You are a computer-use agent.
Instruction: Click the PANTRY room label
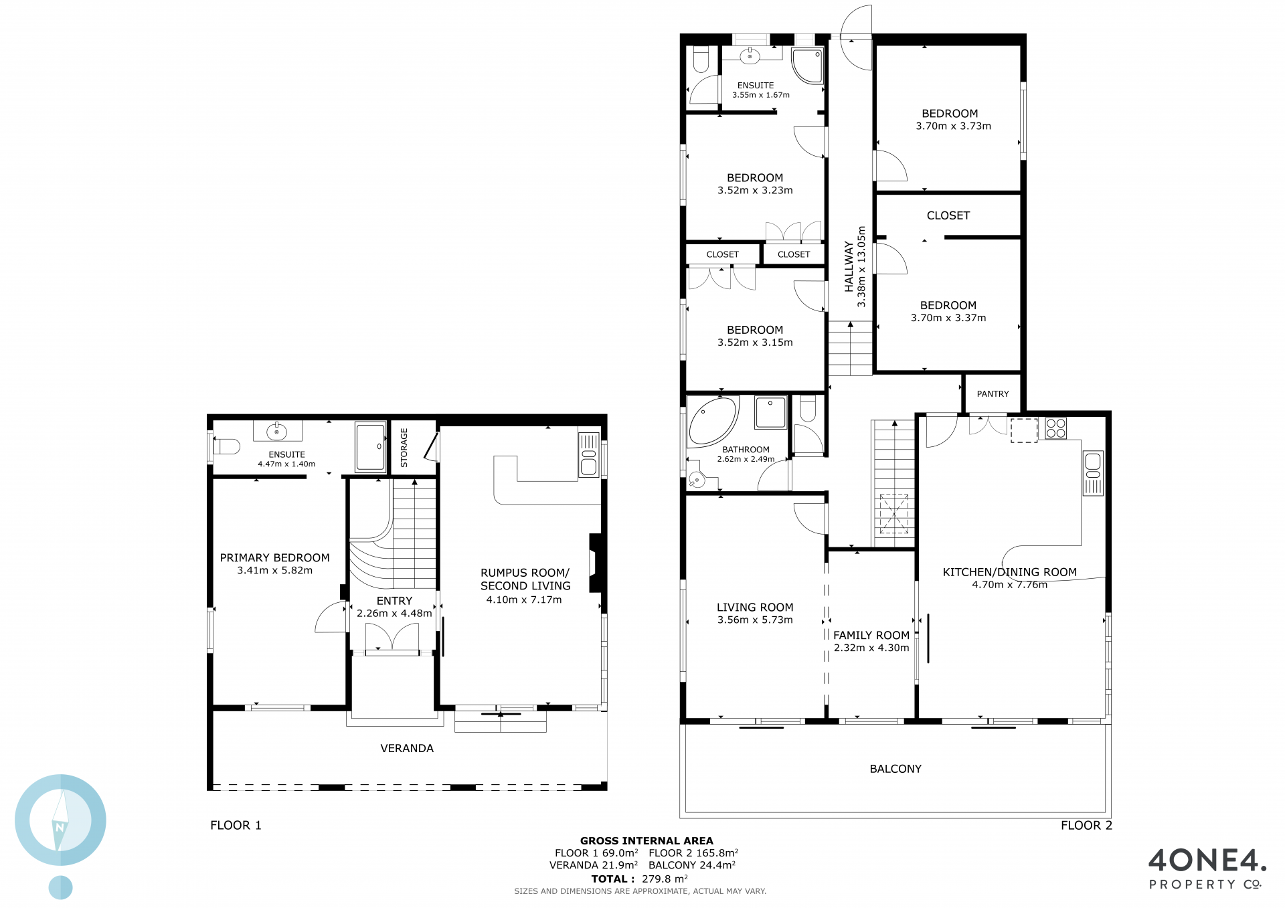[x=993, y=394]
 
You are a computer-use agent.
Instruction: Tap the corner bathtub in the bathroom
[x=712, y=421]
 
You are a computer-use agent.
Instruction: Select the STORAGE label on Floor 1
[x=404, y=448]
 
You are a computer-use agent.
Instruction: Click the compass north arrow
[x=61, y=820]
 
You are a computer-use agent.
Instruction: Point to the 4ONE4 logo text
[x=1207, y=860]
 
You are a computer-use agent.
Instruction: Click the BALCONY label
[x=895, y=769]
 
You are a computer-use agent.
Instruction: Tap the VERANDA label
[x=407, y=749]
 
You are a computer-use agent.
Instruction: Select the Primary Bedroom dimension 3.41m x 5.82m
[x=274, y=571]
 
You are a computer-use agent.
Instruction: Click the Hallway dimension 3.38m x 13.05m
[x=861, y=266]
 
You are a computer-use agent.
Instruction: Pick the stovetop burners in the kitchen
[x=1055, y=428]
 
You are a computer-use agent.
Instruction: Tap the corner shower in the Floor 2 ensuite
[x=807, y=66]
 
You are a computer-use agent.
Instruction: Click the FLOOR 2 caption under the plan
[x=1086, y=826]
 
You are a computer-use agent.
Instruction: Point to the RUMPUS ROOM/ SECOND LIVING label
[x=525, y=579]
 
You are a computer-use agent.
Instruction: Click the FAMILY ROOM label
[x=871, y=636]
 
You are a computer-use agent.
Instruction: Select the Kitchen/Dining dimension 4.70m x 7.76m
[x=1010, y=585]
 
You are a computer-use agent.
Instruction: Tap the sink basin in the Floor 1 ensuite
[x=277, y=432]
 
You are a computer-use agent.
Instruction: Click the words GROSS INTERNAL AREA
[x=647, y=841]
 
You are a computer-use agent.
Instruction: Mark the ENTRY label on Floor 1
[x=394, y=601]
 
